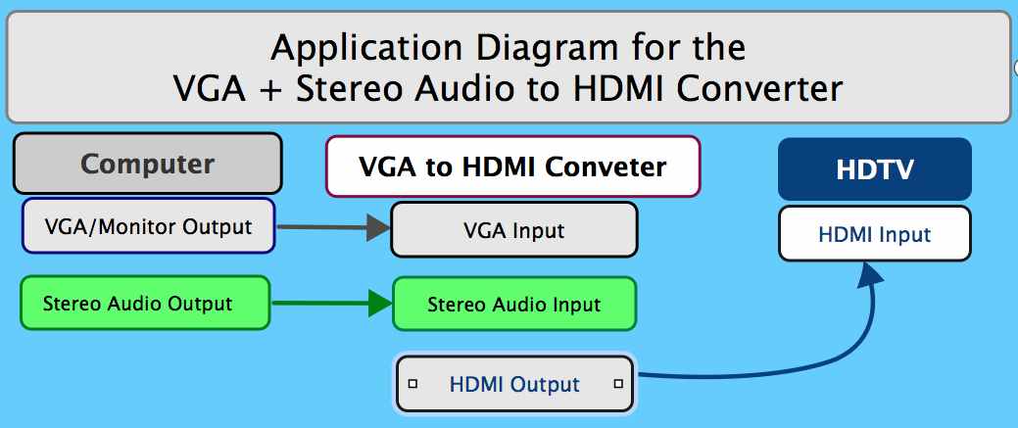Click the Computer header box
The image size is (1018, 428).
point(147,163)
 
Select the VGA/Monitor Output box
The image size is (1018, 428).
point(148,226)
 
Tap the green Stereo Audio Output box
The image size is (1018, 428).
point(145,303)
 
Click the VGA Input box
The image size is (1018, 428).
point(514,230)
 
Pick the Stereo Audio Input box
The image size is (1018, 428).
point(514,304)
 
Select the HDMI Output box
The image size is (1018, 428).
point(514,384)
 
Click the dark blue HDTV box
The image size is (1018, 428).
point(875,168)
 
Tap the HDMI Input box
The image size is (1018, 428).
point(875,234)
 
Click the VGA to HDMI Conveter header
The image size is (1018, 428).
point(512,166)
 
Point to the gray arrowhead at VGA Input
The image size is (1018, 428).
point(378,228)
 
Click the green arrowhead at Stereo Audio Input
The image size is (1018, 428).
point(380,304)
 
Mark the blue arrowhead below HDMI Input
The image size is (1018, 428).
point(869,275)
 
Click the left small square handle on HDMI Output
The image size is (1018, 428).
point(412,384)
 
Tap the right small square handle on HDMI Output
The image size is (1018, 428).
point(618,384)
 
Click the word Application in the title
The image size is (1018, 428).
point(366,49)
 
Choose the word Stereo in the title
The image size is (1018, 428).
point(351,88)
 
